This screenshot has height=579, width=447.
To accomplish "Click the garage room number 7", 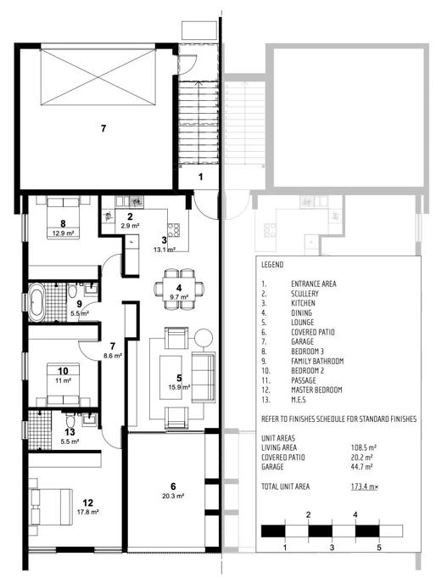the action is coord(103,128).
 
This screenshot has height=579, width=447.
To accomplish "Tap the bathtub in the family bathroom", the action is coord(36,302).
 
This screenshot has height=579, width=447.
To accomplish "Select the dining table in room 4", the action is coord(180,289).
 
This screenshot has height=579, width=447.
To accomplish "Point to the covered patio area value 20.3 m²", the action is coord(173,497).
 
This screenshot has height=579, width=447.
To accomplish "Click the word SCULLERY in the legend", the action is coord(305,294).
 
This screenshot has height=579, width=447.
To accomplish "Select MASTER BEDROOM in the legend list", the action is coord(316,390).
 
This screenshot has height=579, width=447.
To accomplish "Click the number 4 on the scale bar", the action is coord(355,514).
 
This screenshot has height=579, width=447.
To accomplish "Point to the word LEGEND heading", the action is coord(272,265).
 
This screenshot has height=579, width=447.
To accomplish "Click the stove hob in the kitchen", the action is coord(174,230).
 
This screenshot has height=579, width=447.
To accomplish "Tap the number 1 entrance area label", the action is coord(201,177).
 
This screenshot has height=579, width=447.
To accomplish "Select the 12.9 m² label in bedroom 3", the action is coord(63,233).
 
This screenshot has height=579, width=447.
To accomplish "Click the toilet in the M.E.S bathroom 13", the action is coord(70,420).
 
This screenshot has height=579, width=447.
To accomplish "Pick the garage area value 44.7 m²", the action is coord(361,467).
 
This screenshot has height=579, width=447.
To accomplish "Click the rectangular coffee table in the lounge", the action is coord(170,378).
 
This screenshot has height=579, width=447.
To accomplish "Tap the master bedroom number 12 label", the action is coord(87,503).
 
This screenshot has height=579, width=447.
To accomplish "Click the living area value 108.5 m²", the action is coord(363,447).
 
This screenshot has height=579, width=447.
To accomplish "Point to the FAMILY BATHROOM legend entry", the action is coord(317,361).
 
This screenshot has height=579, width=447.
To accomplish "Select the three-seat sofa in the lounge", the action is coord(204,378).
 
